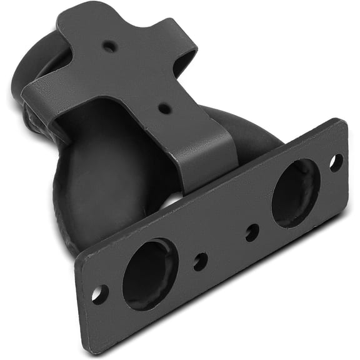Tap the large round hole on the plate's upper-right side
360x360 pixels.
pos(296,192)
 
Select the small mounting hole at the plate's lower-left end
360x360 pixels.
pos(99,294)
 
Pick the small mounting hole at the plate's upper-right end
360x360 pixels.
pos(336,162)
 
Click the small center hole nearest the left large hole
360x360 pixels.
pos(200,261)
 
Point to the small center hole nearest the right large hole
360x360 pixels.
pos(252,232)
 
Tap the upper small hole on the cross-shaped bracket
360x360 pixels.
pos(109,46)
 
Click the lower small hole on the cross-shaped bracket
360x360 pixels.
pos(164,108)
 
